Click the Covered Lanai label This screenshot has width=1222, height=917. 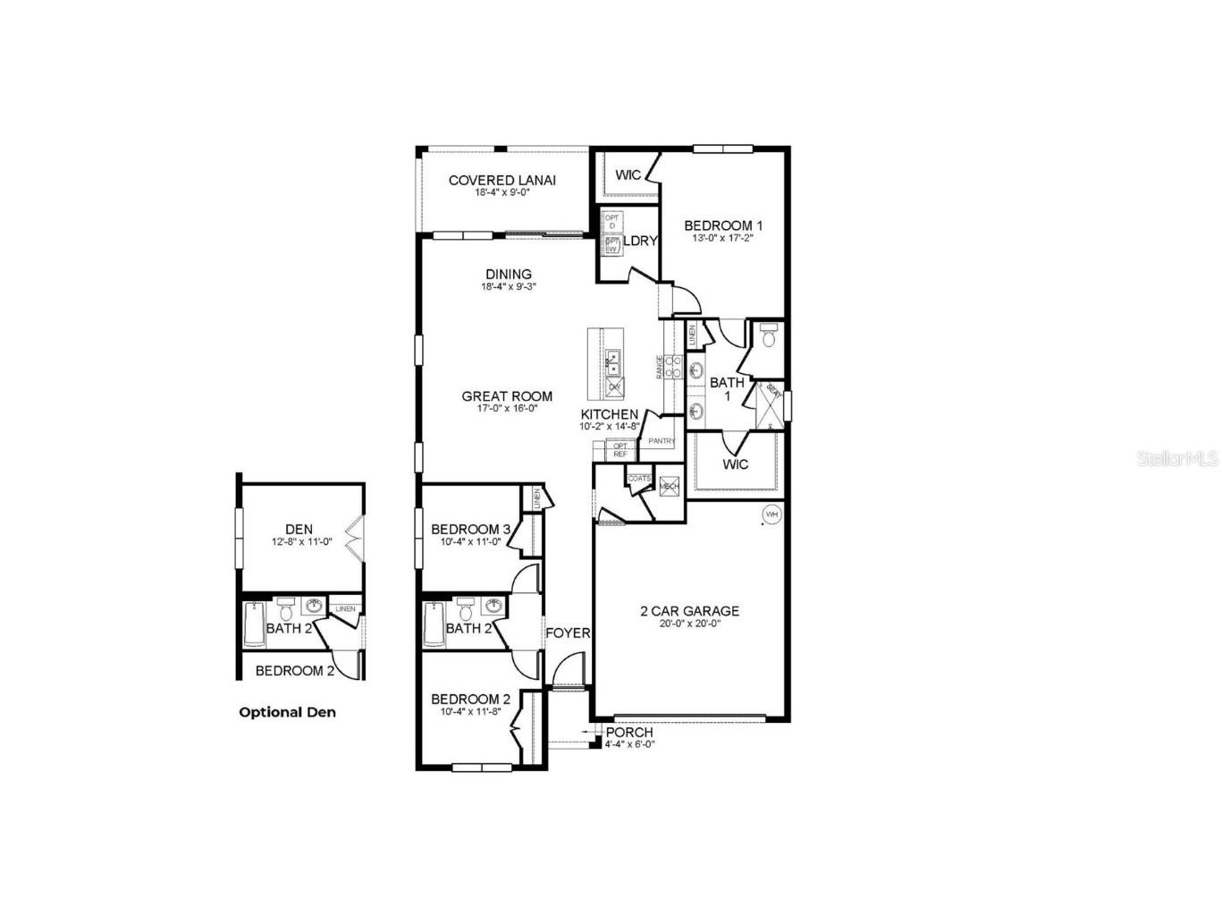tap(501, 180)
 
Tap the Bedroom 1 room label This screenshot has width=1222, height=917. tap(723, 225)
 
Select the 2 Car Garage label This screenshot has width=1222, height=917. tap(689, 611)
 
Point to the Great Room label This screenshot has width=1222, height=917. tap(507, 396)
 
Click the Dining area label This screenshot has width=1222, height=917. tap(509, 275)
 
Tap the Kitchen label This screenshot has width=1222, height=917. tap(610, 414)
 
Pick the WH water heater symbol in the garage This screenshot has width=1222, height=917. tap(771, 514)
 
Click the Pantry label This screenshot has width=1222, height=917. tap(662, 441)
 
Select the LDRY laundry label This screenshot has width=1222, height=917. tap(640, 241)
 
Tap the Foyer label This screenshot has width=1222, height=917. tap(568, 633)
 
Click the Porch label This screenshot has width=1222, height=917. tap(629, 732)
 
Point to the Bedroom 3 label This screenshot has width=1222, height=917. tap(470, 529)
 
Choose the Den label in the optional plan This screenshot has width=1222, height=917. tap(299, 530)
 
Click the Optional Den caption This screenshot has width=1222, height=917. tap(288, 712)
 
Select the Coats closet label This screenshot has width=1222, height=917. tap(639, 479)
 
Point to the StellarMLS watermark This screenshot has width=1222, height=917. tap(1177, 458)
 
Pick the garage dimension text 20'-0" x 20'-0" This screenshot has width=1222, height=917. tap(689, 624)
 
